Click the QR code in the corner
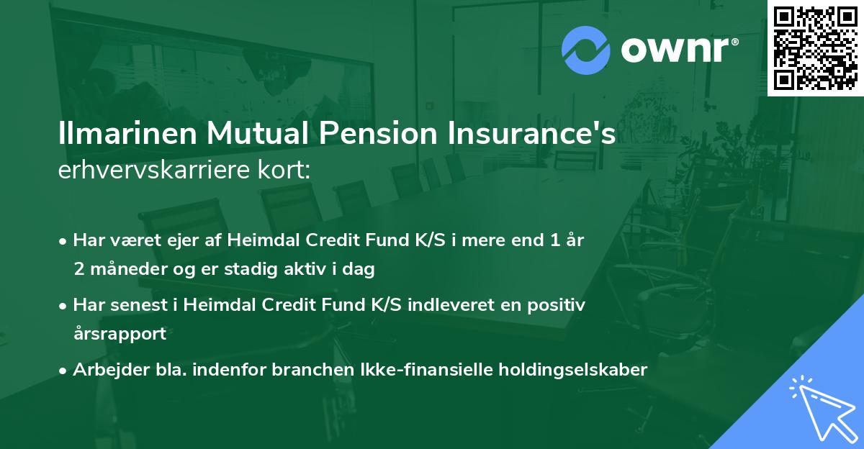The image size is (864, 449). coord(815,47)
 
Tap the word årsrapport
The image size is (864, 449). coord(120,334)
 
